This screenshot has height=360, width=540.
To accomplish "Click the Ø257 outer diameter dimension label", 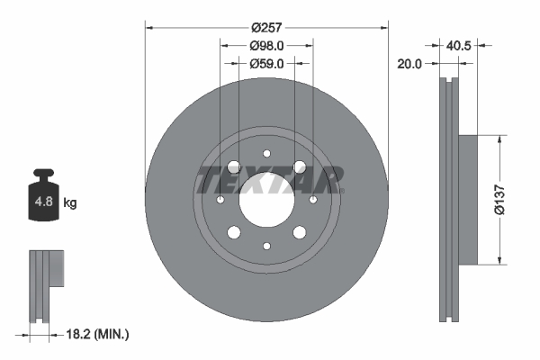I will click(x=266, y=28).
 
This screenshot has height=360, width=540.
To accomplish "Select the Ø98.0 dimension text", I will click(x=266, y=45).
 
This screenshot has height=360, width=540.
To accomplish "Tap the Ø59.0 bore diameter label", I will click(x=266, y=63).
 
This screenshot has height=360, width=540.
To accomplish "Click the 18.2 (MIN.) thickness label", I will click(x=99, y=334).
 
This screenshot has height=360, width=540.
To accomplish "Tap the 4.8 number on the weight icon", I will click(x=42, y=203).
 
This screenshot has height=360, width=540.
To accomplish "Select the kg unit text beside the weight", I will click(x=70, y=203).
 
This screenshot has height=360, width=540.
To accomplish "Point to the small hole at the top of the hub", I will click(x=266, y=153).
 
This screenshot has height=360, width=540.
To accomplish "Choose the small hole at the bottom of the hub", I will click(x=266, y=245).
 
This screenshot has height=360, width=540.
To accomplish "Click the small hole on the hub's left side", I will click(x=220, y=199).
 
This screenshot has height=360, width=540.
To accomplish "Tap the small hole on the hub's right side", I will click(x=312, y=199).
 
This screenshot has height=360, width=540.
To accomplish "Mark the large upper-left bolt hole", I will click(x=234, y=166).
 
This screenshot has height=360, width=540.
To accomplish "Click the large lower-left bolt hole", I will click(x=234, y=232).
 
